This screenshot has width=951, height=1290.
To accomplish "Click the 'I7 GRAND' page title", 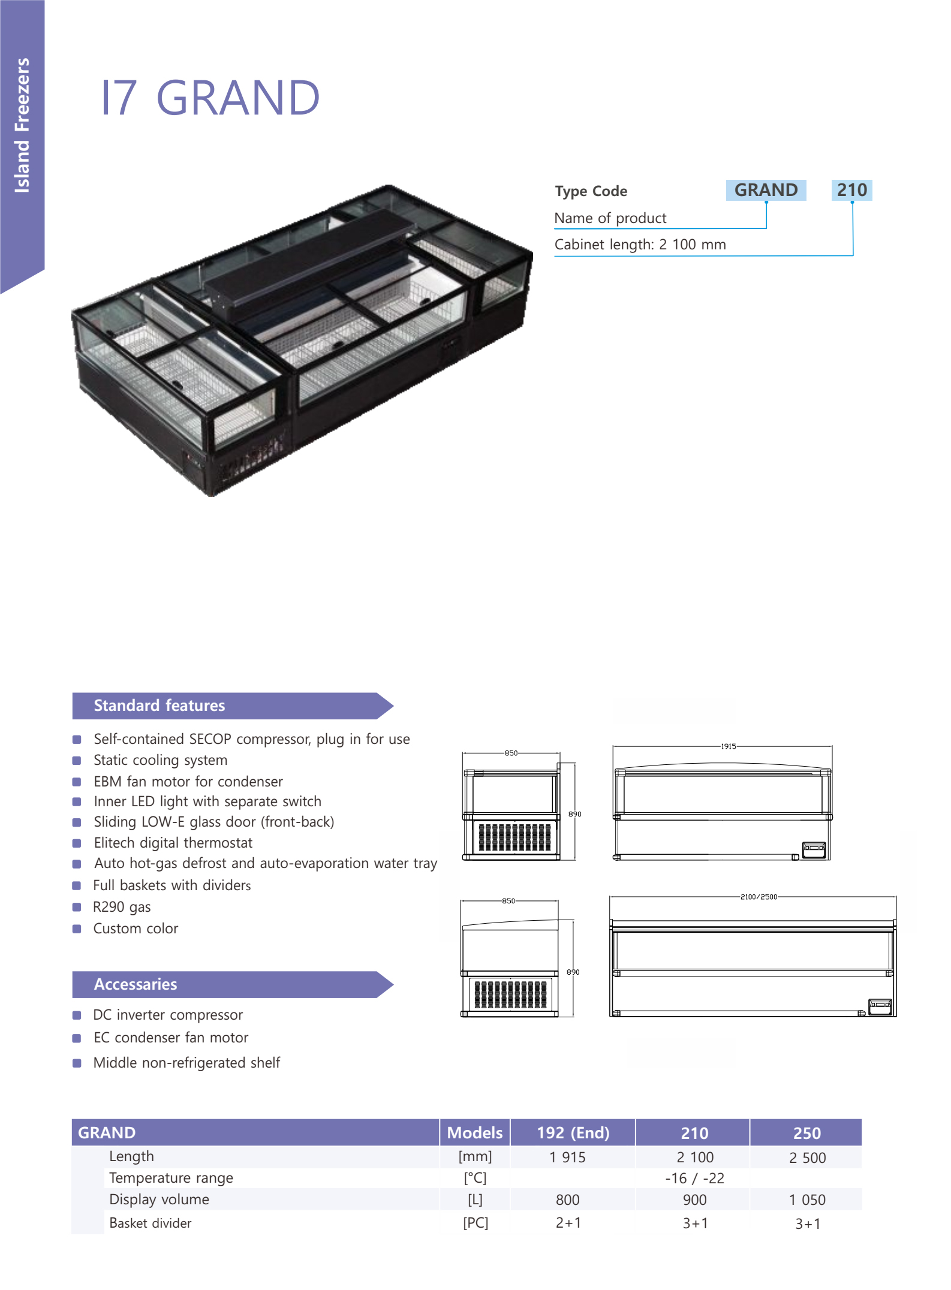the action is [x=210, y=98].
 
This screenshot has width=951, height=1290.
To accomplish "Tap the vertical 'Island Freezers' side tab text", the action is [x=22, y=125].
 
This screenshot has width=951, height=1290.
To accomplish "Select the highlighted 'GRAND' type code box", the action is [x=766, y=190].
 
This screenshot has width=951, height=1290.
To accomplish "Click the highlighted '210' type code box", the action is [x=851, y=190].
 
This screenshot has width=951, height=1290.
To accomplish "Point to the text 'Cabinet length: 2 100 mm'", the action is [x=640, y=245].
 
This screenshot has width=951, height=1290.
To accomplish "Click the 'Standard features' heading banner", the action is [x=233, y=706].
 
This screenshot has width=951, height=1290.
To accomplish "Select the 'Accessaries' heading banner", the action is [x=233, y=984].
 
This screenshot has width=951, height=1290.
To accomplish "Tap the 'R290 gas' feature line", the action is [x=122, y=907].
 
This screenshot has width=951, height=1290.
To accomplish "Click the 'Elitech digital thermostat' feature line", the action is [x=173, y=843].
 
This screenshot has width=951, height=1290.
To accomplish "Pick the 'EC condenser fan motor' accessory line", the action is [x=171, y=1038].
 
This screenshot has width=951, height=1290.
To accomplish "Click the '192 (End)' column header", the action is [x=573, y=1132].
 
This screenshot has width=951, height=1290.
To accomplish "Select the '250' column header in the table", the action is [x=806, y=1133].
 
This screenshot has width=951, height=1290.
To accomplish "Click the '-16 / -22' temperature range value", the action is [x=694, y=1179].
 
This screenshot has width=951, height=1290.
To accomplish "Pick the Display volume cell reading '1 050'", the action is [x=807, y=1199].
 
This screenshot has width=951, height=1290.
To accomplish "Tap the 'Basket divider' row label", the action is [x=151, y=1223].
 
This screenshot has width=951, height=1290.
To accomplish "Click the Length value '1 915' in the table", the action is [x=567, y=1158].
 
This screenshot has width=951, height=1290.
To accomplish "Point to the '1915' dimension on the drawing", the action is [x=729, y=746].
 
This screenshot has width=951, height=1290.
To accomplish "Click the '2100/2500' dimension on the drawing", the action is [x=759, y=897].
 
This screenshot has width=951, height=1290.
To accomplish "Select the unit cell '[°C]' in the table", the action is [x=475, y=1178].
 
